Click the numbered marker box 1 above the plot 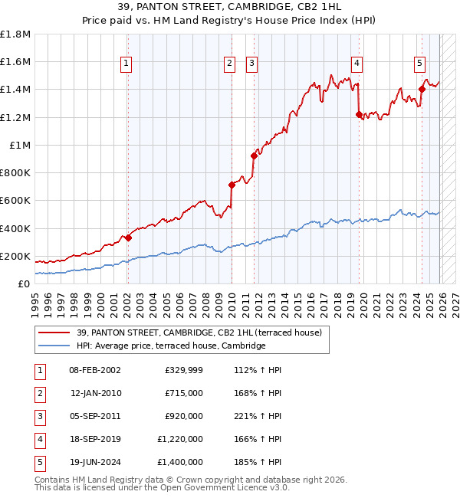point(126,64)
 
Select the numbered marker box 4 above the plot point(357,64)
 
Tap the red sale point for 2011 point(254,156)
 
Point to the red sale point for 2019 point(359,114)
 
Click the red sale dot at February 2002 point(128,238)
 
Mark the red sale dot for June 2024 point(422,89)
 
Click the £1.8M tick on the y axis point(15,34)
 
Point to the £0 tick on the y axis point(23,283)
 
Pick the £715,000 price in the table point(184,393)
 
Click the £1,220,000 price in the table point(180,439)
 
